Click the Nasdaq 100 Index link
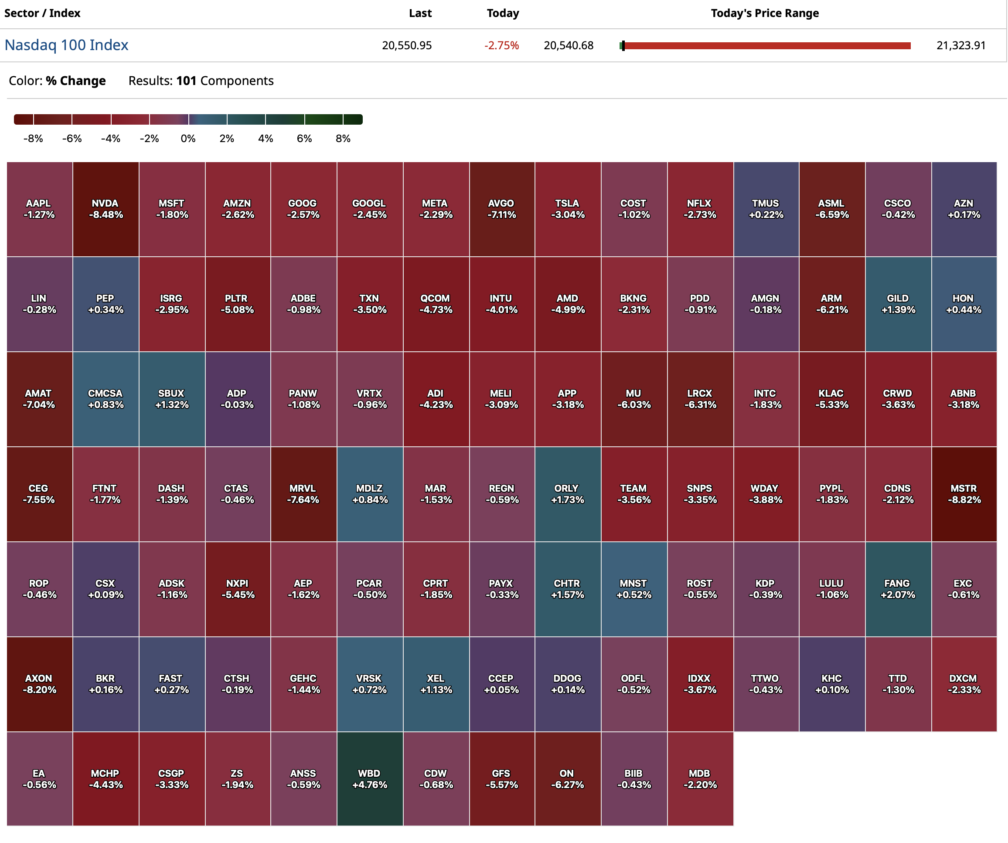coord(66,45)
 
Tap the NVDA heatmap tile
coord(106,209)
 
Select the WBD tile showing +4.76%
coord(370,779)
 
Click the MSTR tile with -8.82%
coord(964,494)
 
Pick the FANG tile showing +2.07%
coord(898,589)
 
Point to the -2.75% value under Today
coord(501,46)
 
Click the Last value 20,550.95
coord(407,46)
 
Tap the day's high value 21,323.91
coord(960,46)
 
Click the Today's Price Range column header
coord(765,14)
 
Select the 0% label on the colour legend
coord(188,139)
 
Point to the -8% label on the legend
coord(33,139)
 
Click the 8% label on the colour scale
coord(343,139)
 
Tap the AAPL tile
coord(39,209)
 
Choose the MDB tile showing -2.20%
coord(700,779)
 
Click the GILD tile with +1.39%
coord(898,304)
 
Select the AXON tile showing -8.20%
coord(39,684)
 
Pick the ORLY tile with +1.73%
coord(567,494)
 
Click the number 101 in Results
coord(186,81)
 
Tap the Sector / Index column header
coord(42,14)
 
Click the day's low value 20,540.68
coord(569,46)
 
